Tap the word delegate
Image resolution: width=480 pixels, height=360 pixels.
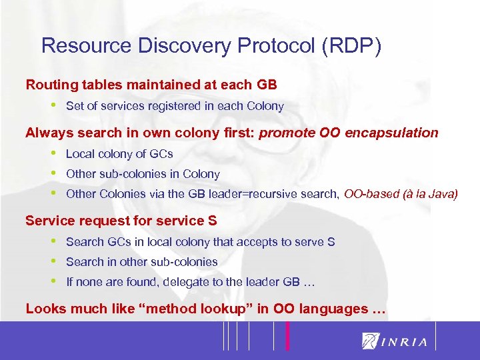click(x=181, y=282)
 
